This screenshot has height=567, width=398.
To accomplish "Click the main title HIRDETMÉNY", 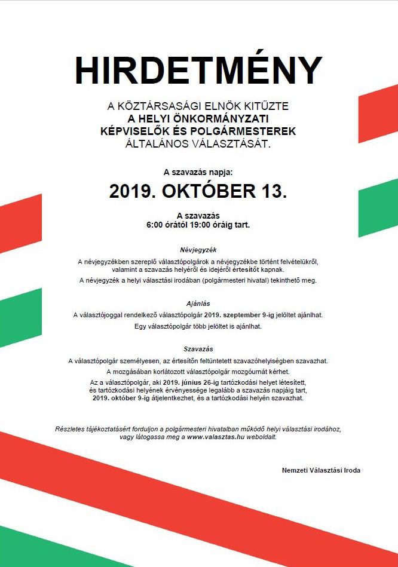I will pos(198,71).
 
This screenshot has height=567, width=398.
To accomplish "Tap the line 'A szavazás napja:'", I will pos(198,172).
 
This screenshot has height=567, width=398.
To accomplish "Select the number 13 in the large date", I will pos(273,192).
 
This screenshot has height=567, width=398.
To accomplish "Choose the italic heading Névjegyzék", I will pos(198,249).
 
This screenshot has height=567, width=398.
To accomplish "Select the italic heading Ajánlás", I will pos(198,304).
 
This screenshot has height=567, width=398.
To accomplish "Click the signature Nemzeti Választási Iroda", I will pos(321,470).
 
